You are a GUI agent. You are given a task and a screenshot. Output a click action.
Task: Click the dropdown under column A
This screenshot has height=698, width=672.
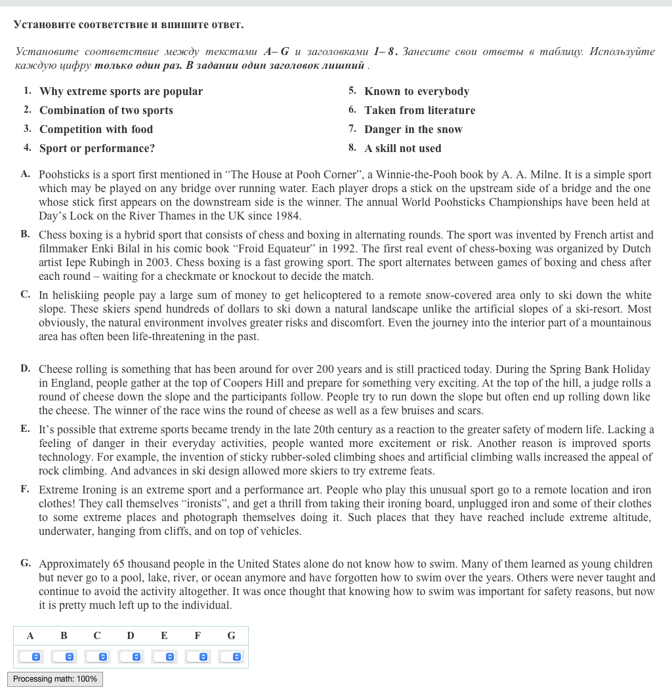pos(30,656)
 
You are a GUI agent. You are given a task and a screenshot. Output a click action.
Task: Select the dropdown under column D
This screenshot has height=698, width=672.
pos(130,656)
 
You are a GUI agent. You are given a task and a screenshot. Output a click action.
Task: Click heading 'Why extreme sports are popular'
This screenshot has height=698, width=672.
pos(121,92)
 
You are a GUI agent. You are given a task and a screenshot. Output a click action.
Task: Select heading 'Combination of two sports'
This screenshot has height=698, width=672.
pos(106,111)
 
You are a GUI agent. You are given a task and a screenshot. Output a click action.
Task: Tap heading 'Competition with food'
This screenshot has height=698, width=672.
pos(96,130)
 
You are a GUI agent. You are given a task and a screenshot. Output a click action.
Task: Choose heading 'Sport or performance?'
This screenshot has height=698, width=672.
pos(97,149)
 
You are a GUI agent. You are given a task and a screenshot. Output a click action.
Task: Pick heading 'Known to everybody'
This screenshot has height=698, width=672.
pos(417,92)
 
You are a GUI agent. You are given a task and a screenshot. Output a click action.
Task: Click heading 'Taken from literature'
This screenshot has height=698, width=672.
pos(420,111)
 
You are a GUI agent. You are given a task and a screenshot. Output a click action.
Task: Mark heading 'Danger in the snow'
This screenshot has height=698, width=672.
pos(413,130)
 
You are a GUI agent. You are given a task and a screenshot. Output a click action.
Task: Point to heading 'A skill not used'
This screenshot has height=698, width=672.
pos(403,149)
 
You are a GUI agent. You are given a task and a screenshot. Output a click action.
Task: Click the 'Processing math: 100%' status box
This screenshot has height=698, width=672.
pos(55,679)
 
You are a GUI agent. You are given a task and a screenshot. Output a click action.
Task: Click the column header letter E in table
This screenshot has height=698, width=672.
pos(164,636)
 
